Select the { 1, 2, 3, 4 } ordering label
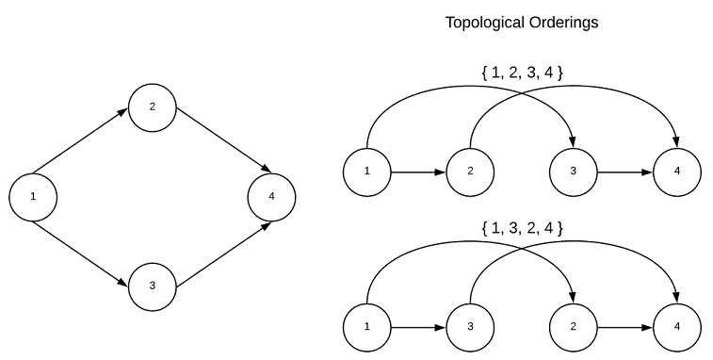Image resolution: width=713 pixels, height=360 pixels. click(x=522, y=73)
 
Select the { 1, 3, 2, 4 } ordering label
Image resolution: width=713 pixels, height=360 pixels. click(x=522, y=227)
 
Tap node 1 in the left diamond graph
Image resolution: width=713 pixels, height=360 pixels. click(x=33, y=197)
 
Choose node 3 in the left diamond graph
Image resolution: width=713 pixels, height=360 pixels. click(x=153, y=286)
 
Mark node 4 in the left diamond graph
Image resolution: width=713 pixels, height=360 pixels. click(x=271, y=197)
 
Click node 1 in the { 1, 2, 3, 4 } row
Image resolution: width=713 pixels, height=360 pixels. click(x=368, y=172)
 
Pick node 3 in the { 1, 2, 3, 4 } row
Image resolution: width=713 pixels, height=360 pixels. click(x=573, y=172)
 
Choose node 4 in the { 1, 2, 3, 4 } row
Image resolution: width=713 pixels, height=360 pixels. click(x=676, y=172)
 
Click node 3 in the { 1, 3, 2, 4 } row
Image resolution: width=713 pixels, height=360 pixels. click(x=470, y=327)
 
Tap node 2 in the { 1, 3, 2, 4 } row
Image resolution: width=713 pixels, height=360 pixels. click(x=573, y=327)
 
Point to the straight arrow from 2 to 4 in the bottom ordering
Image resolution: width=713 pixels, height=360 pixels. click(x=624, y=327)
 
